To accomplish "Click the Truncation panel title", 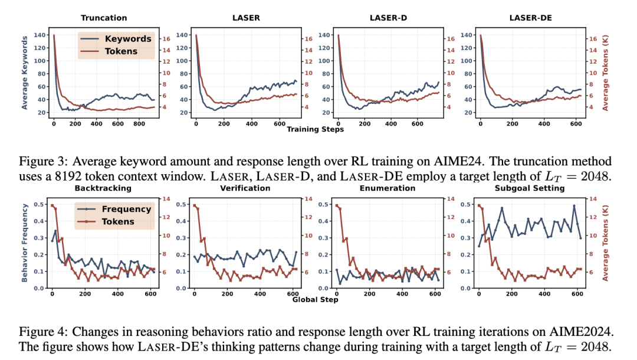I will [x=103, y=18].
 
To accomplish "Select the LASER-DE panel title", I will [x=531, y=18].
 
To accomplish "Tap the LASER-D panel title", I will [x=389, y=18].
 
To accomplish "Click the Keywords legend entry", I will [x=127, y=39].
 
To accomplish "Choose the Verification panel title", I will [x=246, y=188].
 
